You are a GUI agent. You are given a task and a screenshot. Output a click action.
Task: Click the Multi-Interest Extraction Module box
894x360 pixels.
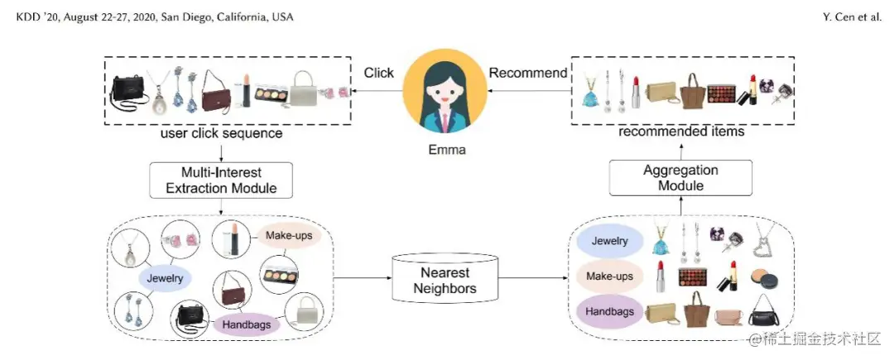pos(221,180)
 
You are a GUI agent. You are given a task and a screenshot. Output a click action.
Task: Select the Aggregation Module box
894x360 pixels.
pos(680,178)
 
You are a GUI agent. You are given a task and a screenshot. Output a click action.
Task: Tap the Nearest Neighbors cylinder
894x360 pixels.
pos(445,278)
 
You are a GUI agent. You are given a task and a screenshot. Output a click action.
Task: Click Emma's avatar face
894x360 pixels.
pos(445,90)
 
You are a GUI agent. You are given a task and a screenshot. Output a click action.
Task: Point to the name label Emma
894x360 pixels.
pos(447,150)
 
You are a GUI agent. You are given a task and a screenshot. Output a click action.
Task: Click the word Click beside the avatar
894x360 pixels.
pos(379,73)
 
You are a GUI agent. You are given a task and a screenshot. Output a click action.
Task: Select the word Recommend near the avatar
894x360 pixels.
pos(528,73)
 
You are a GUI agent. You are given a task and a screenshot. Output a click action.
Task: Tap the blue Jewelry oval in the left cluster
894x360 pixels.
pos(165,279)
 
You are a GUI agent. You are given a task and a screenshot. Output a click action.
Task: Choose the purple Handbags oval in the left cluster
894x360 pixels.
pos(247,325)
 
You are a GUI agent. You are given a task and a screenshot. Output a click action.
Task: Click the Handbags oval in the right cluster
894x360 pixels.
pos(609,312)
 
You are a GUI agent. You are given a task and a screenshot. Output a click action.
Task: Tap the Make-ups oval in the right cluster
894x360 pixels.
pos(609,277)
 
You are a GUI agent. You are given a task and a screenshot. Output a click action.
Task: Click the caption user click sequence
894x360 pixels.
pos(221,134)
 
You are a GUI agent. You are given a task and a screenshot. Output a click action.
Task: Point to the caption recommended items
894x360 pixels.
pos(681,132)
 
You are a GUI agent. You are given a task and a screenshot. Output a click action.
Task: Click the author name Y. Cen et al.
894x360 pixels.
pos(852,17)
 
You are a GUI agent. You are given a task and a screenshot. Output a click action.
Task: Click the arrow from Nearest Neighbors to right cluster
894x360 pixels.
pos(534,278)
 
